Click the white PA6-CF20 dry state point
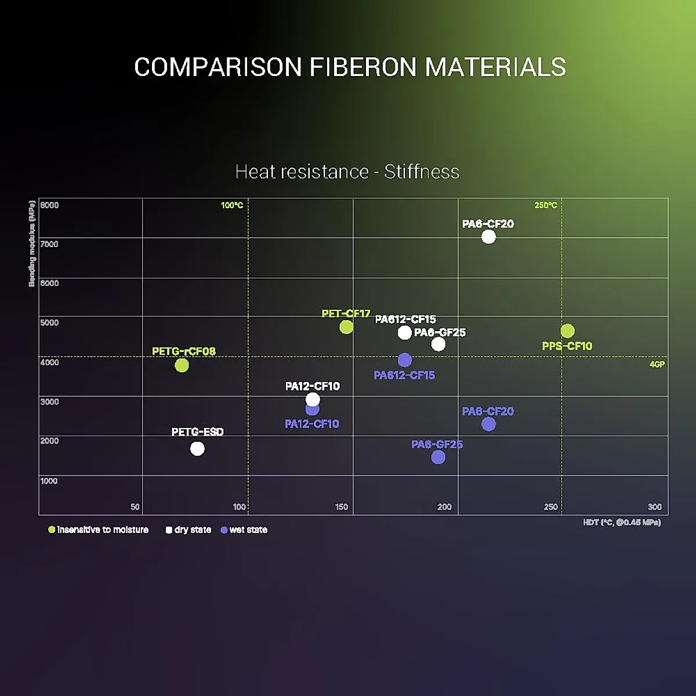[488, 237]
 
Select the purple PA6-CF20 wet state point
[488, 424]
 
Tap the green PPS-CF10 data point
[567, 331]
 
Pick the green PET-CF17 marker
[346, 327]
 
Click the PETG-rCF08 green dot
[182, 365]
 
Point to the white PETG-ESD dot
[197, 449]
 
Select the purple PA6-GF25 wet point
[438, 457]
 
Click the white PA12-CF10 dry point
[313, 400]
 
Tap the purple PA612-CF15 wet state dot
[405, 360]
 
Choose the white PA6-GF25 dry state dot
[438, 344]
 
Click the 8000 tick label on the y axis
[49, 205]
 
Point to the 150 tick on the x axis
[342, 507]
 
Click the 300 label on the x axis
[654, 507]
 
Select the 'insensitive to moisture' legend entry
[99, 530]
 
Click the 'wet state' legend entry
[244, 530]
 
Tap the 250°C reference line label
[546, 205]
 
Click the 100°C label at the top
[232, 205]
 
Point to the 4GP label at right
[657, 364]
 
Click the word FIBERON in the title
[362, 67]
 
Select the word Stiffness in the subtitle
[422, 172]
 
